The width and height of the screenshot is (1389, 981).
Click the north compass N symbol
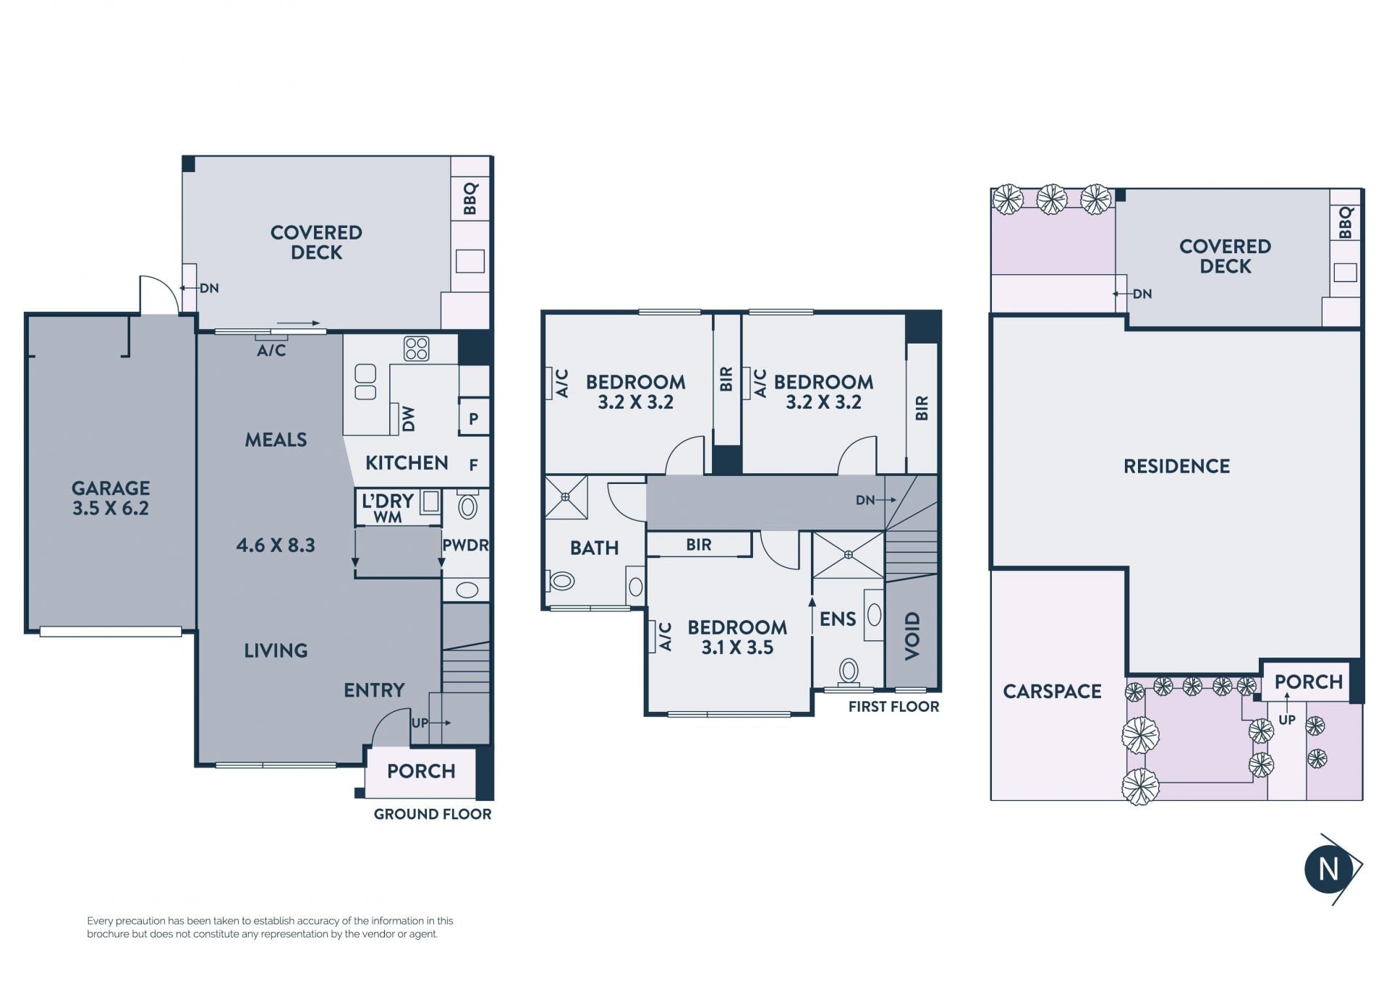point(1329,868)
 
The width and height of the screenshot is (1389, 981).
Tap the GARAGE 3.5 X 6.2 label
point(111,498)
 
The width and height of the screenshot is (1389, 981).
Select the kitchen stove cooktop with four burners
point(417,349)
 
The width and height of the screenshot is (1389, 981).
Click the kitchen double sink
point(365,382)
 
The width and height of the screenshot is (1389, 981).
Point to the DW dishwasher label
point(409,419)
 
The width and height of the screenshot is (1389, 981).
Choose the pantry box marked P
point(474,418)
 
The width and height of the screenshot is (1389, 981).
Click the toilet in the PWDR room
point(468,506)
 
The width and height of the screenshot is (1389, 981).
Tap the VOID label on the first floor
point(912,636)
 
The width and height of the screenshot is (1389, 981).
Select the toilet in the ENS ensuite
point(849,672)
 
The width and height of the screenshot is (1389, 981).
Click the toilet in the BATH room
point(561,580)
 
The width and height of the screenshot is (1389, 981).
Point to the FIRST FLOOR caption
point(893,707)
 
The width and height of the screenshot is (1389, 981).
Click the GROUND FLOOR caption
point(433,814)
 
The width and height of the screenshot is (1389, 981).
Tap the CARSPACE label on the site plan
point(1052,692)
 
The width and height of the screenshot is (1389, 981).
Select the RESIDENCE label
point(1176,466)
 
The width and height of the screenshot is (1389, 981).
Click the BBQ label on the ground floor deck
point(470,199)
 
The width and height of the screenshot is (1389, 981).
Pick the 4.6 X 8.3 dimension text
point(276,545)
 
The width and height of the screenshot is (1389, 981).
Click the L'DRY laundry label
point(388,501)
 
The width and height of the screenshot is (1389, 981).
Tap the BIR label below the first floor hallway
point(699,545)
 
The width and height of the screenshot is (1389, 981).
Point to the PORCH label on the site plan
point(1308,681)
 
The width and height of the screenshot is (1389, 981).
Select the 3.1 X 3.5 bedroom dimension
point(737,647)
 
